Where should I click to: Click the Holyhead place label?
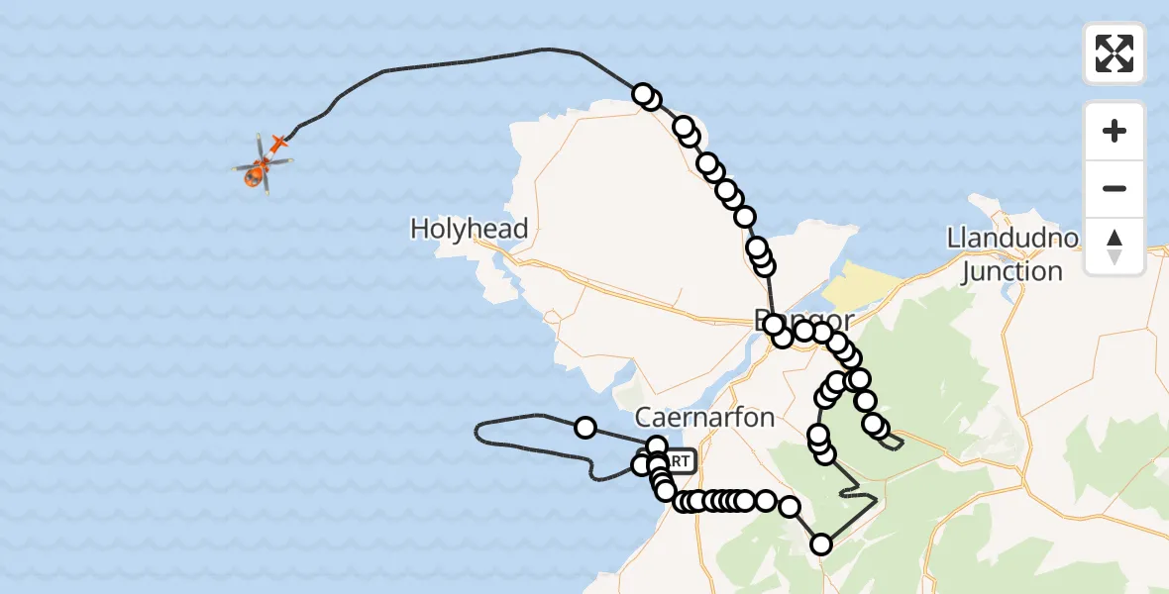click(x=469, y=230)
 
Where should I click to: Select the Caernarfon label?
click(x=704, y=417)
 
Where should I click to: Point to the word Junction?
click(x=1010, y=271)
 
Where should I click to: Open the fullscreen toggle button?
click(x=1115, y=53)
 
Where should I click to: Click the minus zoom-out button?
click(x=1115, y=188)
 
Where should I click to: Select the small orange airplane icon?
click(x=278, y=145)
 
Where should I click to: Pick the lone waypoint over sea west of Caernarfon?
click(x=585, y=428)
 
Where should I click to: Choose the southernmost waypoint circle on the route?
click(x=821, y=544)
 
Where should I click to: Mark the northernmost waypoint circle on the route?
click(x=643, y=95)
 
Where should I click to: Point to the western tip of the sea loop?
click(x=478, y=430)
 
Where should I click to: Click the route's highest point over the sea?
click(x=544, y=49)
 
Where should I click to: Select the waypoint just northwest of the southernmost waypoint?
click(x=790, y=508)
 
